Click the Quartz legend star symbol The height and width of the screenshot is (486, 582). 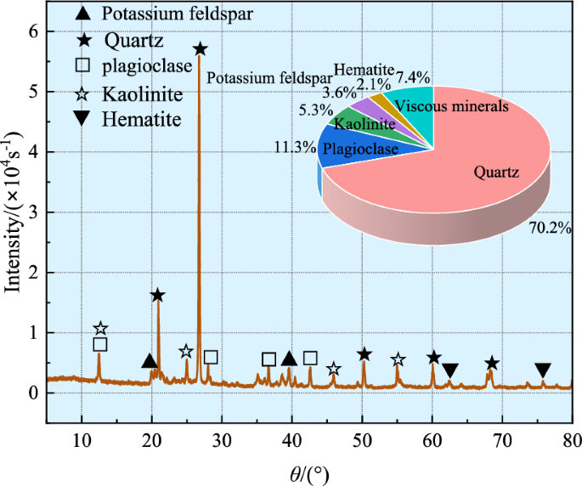(84, 40)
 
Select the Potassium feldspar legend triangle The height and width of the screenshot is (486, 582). (84, 14)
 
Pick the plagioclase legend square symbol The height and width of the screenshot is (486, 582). (84, 66)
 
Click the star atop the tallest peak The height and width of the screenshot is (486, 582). (200, 49)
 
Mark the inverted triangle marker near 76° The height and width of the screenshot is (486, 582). (543, 370)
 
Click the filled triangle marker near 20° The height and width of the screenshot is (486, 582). (150, 361)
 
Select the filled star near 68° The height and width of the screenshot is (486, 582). (490, 364)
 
